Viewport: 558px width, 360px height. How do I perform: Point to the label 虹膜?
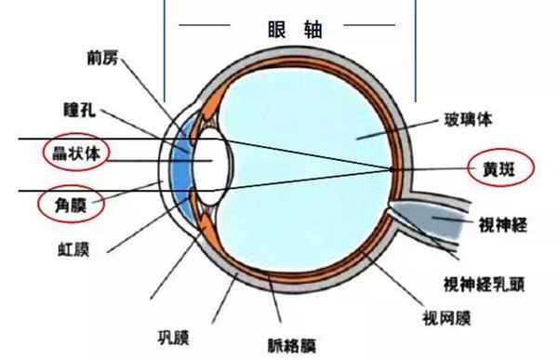click(x=73, y=248)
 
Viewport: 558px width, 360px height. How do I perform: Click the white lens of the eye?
click(x=212, y=163)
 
